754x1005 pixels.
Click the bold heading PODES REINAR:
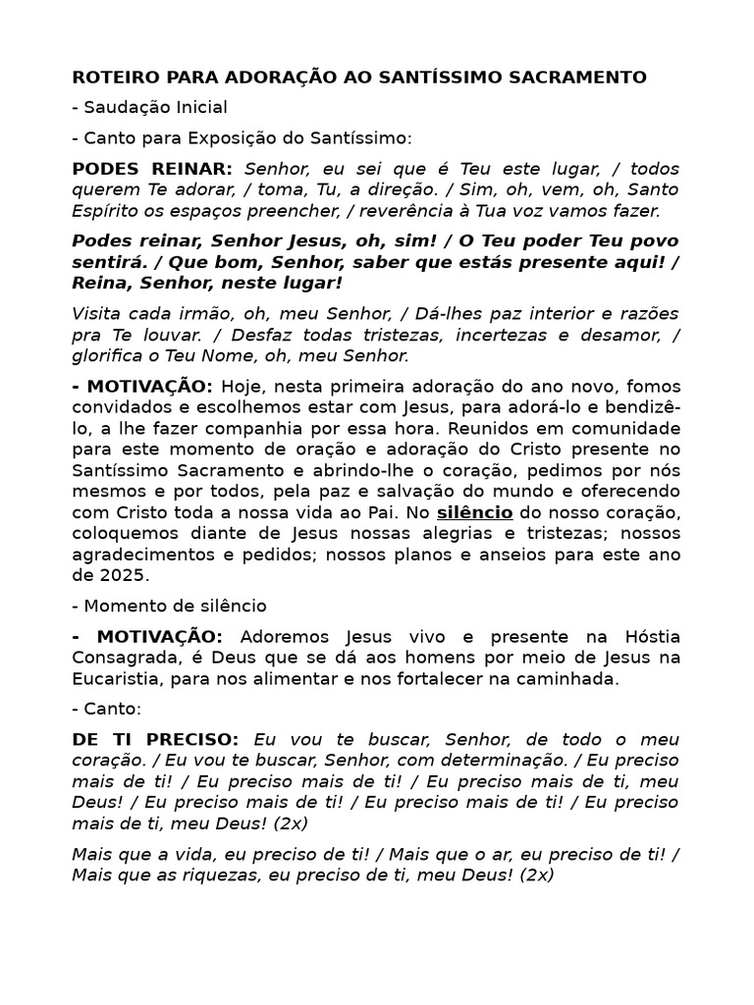tap(152, 168)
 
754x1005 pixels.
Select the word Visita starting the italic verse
tap(95, 313)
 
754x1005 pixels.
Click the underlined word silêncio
tap(475, 512)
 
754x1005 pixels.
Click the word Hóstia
tap(641, 636)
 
